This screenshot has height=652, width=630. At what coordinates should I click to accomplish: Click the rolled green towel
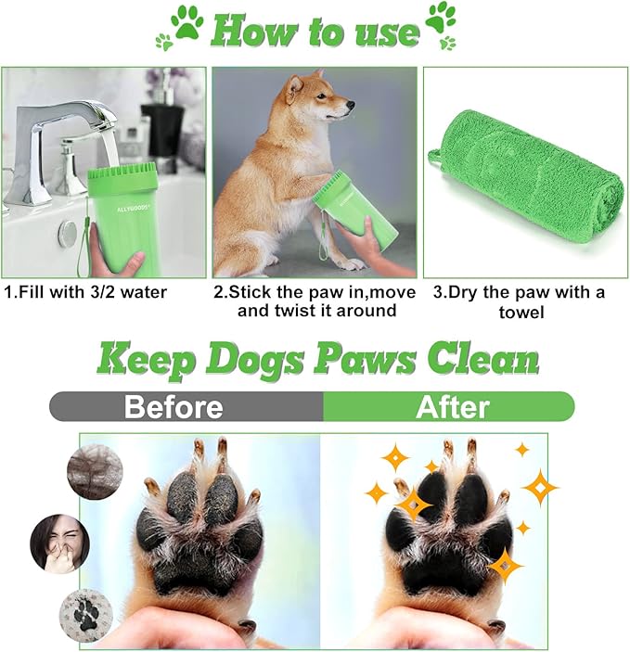click(520, 175)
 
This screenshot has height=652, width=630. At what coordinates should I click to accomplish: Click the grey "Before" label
click(174, 406)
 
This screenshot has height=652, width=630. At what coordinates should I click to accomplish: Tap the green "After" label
click(453, 406)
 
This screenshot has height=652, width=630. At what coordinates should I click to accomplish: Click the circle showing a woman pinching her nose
click(59, 544)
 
